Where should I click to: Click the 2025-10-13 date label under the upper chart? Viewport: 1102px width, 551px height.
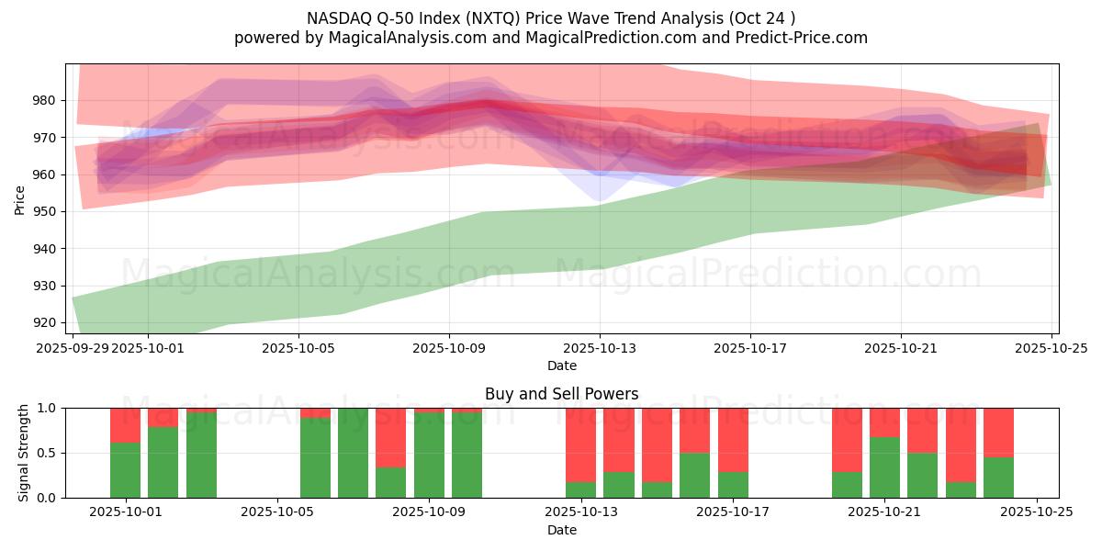click(600, 348)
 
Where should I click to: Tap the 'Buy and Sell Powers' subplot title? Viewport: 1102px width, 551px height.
click(561, 395)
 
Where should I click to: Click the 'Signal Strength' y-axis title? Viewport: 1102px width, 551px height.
click(23, 453)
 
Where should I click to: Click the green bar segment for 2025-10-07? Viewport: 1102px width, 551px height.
click(353, 453)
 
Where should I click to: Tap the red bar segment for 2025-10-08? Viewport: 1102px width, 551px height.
click(391, 437)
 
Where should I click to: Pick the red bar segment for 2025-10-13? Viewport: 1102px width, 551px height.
click(580, 444)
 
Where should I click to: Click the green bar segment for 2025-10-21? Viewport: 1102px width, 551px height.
click(884, 467)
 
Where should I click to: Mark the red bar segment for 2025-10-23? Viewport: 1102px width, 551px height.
click(961, 444)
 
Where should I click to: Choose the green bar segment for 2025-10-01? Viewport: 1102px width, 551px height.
click(125, 470)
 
